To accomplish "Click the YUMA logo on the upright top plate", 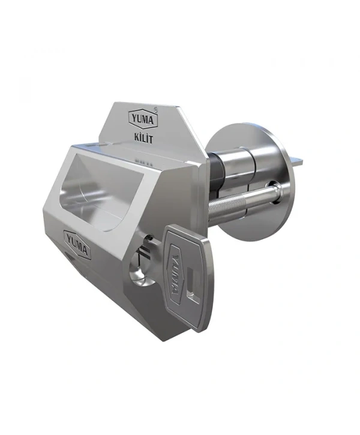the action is (x=143, y=119).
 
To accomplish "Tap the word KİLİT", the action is (x=143, y=138).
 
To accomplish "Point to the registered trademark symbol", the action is (x=155, y=109).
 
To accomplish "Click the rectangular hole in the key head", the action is (x=193, y=284).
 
